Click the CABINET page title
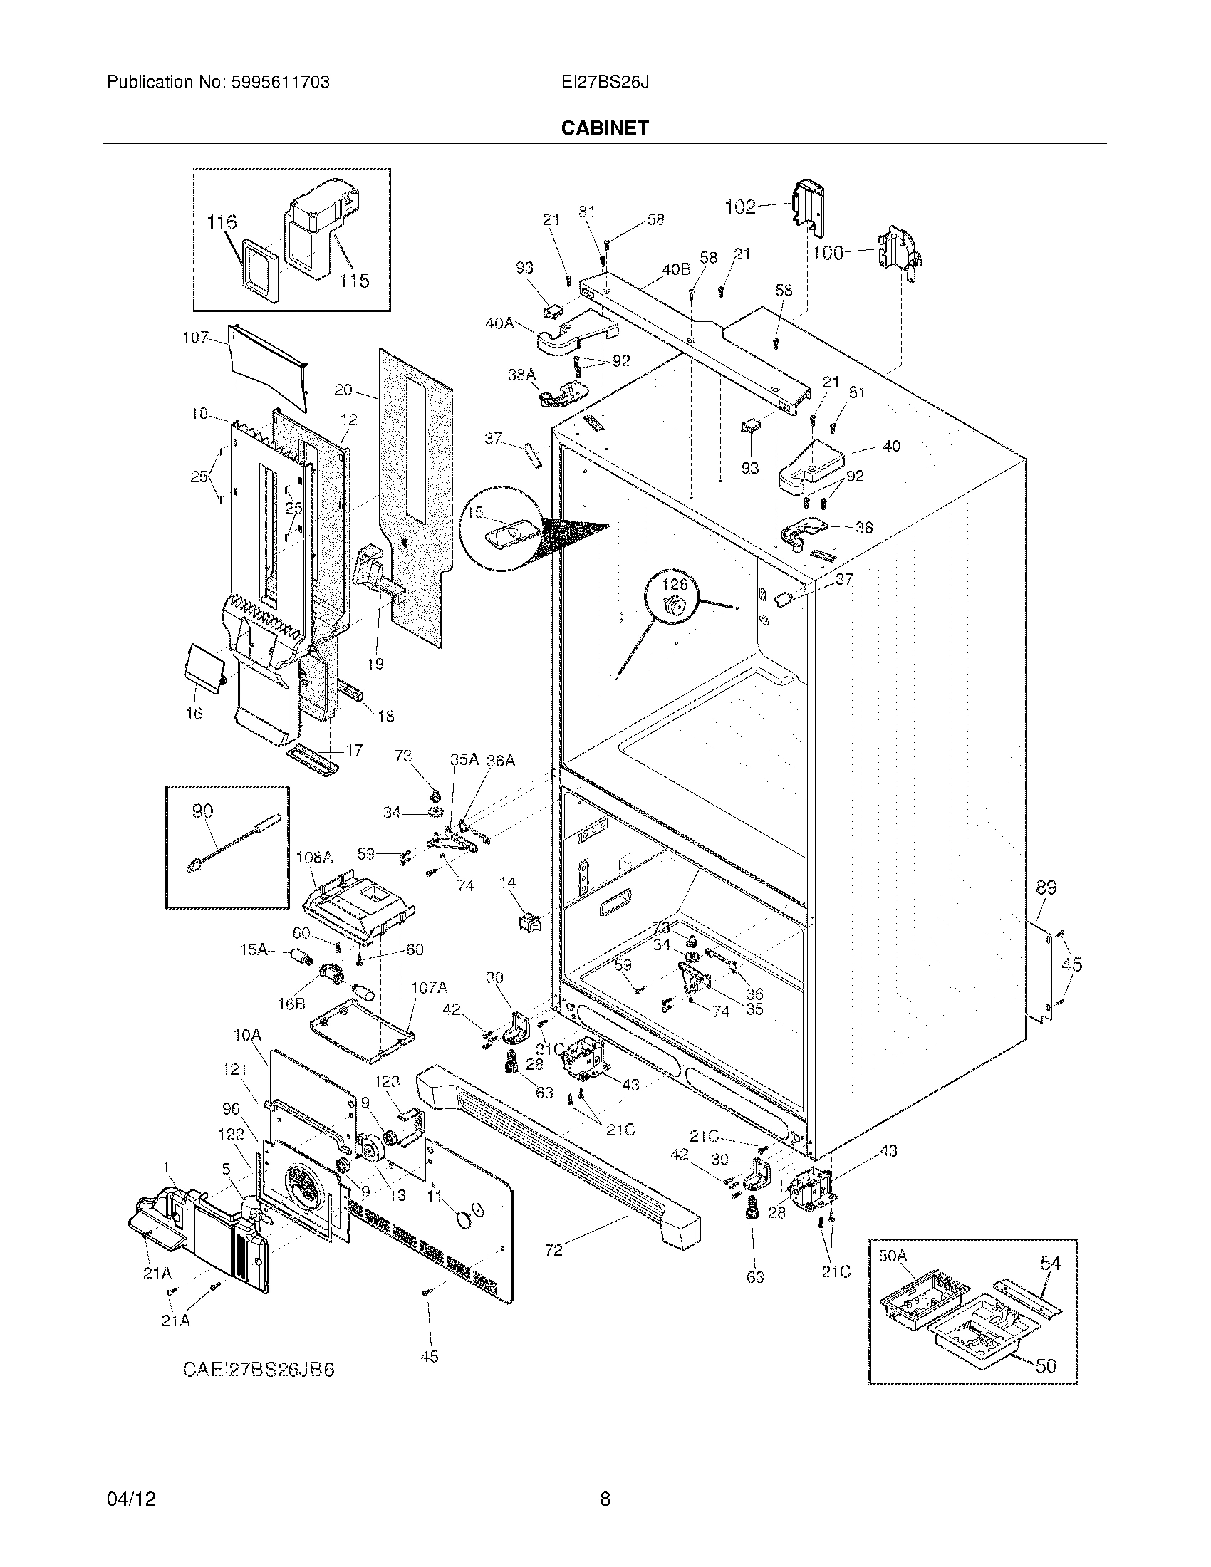coord(605,128)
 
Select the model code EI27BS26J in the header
coord(605,83)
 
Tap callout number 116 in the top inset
coord(222,222)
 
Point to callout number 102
coord(739,207)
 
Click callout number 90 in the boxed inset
coord(203,811)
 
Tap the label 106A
coord(315,857)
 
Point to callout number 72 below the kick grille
coord(553,1251)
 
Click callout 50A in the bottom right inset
coord(893,1256)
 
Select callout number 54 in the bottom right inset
coord(1050,1264)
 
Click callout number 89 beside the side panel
coord(1046,887)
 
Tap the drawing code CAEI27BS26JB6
coord(259,1370)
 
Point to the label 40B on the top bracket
coord(676,270)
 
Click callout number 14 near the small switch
coord(508,883)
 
